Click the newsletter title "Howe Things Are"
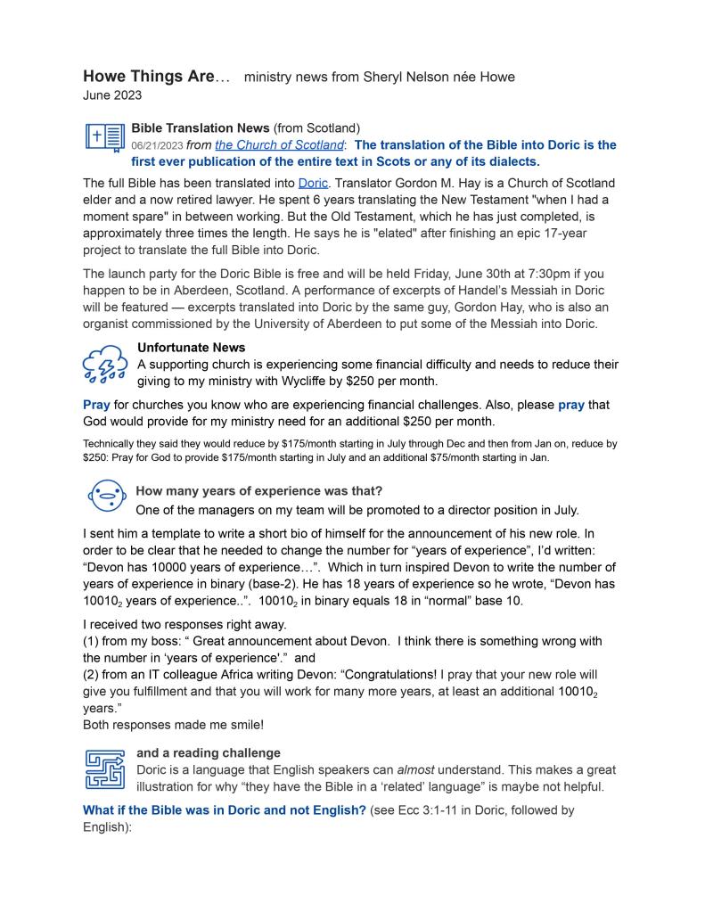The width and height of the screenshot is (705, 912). (149, 77)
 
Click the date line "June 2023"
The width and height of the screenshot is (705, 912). (112, 95)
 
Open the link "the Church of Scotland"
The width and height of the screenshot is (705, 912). (279, 144)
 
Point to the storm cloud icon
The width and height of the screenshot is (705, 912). (104, 364)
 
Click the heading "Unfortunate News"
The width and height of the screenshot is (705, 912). (191, 348)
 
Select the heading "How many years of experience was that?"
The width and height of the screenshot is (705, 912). (258, 491)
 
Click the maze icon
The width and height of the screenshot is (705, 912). (104, 769)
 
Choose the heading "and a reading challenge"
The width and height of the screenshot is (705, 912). (208, 753)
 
